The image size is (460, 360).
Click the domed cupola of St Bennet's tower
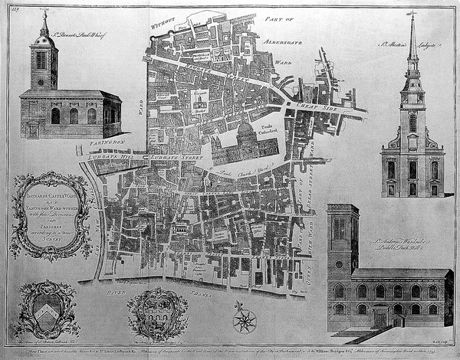[x=44, y=38]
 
